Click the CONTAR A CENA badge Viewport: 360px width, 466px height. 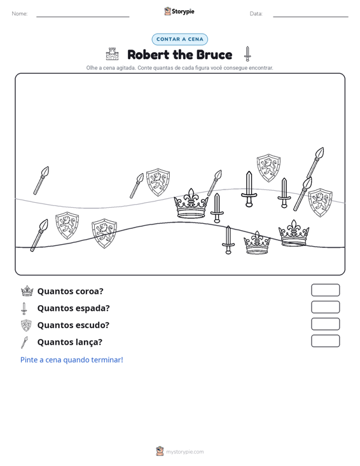(179, 39)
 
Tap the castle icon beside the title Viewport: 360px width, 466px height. (112, 54)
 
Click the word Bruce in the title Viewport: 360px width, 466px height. (214, 55)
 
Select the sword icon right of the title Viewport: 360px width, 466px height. (247, 54)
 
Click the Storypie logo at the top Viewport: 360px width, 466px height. (179, 11)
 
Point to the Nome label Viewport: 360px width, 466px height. (20, 14)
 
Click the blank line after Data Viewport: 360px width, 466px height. (310, 17)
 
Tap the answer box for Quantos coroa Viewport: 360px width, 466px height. (325, 290)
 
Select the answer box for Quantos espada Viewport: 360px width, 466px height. (325, 307)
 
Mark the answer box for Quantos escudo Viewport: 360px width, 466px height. (325, 324)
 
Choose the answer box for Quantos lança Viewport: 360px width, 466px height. (325, 341)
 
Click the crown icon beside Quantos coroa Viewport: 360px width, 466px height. (27, 291)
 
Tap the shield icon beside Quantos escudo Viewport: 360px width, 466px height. (26, 326)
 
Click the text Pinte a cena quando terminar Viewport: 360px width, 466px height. (72, 360)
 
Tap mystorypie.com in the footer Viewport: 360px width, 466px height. (185, 452)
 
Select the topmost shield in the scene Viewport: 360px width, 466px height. (268, 168)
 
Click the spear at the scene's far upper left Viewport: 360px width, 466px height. (41, 181)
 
